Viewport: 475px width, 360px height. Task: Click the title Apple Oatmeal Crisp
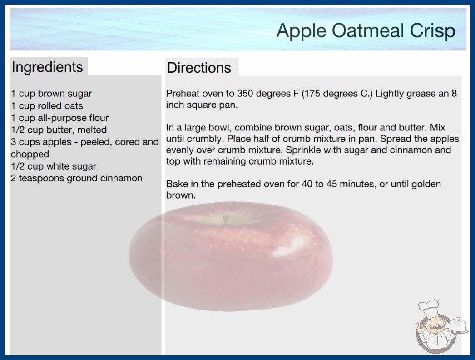[x=366, y=31]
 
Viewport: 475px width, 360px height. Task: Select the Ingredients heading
[x=47, y=67]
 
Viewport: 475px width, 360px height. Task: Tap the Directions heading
[x=199, y=68]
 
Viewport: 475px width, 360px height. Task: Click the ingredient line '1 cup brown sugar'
[x=51, y=94]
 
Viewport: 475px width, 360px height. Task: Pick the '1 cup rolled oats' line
[x=47, y=106]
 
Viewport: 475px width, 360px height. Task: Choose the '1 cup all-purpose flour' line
[x=59, y=118]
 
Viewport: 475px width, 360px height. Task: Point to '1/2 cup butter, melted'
[x=59, y=130]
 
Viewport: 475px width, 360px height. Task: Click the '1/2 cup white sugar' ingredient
[x=54, y=166]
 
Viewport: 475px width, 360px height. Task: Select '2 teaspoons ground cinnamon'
[x=77, y=178]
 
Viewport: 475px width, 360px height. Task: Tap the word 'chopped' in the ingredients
[x=30, y=154]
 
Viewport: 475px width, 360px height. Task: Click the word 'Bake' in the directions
[x=176, y=184]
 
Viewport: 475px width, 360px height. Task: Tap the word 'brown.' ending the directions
[x=181, y=195]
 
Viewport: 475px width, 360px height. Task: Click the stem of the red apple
[x=225, y=218]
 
